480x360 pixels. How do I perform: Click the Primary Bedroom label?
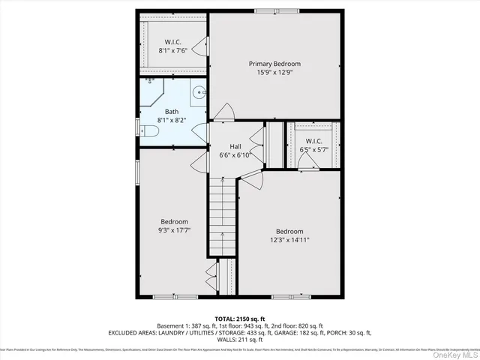click(x=275, y=64)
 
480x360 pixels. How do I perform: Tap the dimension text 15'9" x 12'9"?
click(x=275, y=74)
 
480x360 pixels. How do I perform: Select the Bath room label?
click(x=172, y=111)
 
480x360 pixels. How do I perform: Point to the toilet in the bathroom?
click(x=148, y=132)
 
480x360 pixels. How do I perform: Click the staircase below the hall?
click(x=223, y=217)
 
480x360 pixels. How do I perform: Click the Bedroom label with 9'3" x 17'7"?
click(x=174, y=221)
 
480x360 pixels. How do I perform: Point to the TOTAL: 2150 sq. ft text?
click(x=240, y=318)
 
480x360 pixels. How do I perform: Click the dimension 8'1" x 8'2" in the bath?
click(x=172, y=120)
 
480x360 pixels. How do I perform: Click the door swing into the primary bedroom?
click(x=223, y=115)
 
